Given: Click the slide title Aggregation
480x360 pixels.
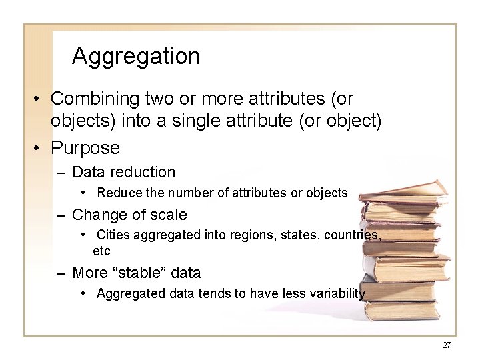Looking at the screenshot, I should tap(136, 56).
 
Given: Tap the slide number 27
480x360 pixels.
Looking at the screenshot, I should tap(447, 345).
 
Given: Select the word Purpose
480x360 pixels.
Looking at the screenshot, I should tap(85, 147).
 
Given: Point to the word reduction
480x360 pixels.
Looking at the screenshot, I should tap(145, 172).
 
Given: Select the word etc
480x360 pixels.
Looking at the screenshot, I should tap(101, 251).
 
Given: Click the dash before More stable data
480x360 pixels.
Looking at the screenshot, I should tap(61, 273).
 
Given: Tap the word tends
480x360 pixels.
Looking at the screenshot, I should tap(214, 294).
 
